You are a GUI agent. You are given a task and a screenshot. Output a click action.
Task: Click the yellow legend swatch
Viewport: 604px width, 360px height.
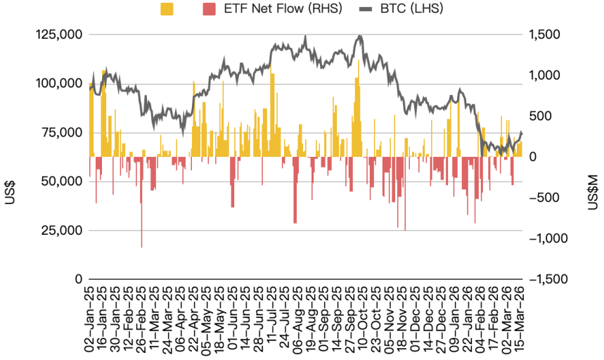(167, 9)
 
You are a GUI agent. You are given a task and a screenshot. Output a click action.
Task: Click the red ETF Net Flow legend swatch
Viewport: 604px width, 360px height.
(209, 9)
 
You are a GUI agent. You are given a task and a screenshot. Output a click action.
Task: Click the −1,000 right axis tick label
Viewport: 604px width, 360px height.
(550, 238)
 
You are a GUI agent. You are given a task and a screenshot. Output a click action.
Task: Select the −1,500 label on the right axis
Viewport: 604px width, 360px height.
(550, 279)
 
